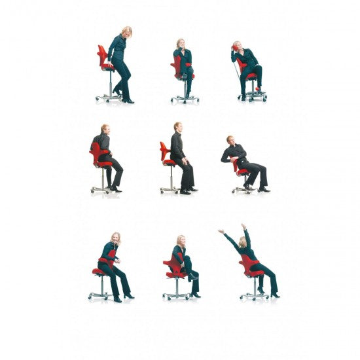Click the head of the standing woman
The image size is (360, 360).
pyautogui.click(x=126, y=31)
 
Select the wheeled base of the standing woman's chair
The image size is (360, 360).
pyautogui.click(x=108, y=97)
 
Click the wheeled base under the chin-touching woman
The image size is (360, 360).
pyautogui.click(x=185, y=98)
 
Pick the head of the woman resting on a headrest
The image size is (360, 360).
pyautogui.click(x=238, y=46)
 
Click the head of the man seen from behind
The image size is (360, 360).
pyautogui.click(x=105, y=129)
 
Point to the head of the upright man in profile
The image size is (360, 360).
pyautogui.click(x=177, y=127)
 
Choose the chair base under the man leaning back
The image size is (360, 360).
pyautogui.click(x=243, y=189)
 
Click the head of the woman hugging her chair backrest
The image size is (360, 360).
pyautogui.click(x=116, y=238)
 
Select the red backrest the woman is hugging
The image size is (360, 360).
pyautogui.click(x=109, y=258)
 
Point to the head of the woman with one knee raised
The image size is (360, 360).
pyautogui.click(x=181, y=241)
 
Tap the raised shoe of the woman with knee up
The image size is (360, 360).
pyautogui.click(x=194, y=278)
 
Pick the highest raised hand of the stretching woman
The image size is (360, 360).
pyautogui.click(x=243, y=226)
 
